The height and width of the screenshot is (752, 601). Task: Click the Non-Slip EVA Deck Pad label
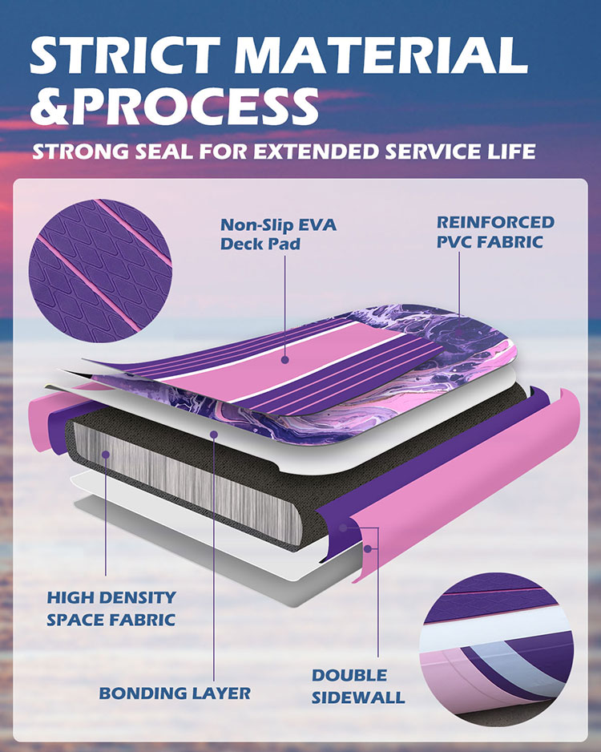278,234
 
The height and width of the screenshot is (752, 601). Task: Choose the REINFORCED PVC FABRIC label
495,232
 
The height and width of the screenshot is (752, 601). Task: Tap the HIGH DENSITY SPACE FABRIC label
111,608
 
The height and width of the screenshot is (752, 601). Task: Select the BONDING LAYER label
175,693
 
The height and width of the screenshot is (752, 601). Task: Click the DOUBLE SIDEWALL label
358,686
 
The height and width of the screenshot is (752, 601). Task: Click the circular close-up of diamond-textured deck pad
100,270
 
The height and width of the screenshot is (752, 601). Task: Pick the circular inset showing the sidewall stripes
497,653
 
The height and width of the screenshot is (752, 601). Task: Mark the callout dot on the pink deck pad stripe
285,359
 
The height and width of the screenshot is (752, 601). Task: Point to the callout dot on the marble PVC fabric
458,331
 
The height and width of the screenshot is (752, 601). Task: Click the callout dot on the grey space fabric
106,454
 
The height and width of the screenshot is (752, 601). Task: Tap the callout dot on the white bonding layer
214,435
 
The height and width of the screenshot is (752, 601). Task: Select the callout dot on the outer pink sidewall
368,548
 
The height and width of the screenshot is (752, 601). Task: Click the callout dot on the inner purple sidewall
343,528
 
